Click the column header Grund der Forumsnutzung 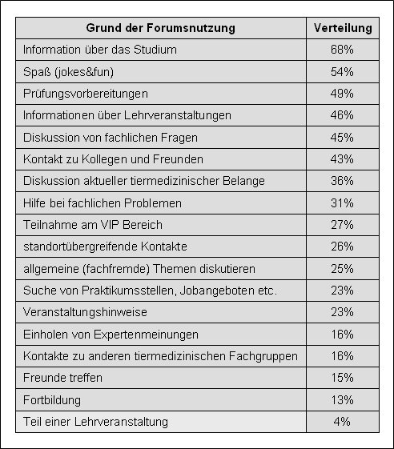pyautogui.click(x=160, y=28)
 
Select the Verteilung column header pyautogui.click(x=343, y=28)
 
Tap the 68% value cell pyautogui.click(x=342, y=50)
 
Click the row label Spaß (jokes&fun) pyautogui.click(x=69, y=71)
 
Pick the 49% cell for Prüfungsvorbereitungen pyautogui.click(x=342, y=94)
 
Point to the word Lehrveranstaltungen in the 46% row pyautogui.click(x=178, y=115)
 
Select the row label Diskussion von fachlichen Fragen pyautogui.click(x=111, y=138)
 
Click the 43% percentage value pyautogui.click(x=342, y=159)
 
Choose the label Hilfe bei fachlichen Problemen pyautogui.click(x=103, y=203)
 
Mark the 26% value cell pyautogui.click(x=342, y=247)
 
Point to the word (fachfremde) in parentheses pyautogui.click(x=116, y=269)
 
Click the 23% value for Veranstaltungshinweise pyautogui.click(x=342, y=312)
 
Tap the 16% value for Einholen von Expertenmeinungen pyautogui.click(x=342, y=335)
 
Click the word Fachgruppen pyautogui.click(x=263, y=356)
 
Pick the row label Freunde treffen pyautogui.click(x=62, y=378)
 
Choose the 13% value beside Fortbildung pyautogui.click(x=342, y=399)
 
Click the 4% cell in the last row pyautogui.click(x=342, y=422)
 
